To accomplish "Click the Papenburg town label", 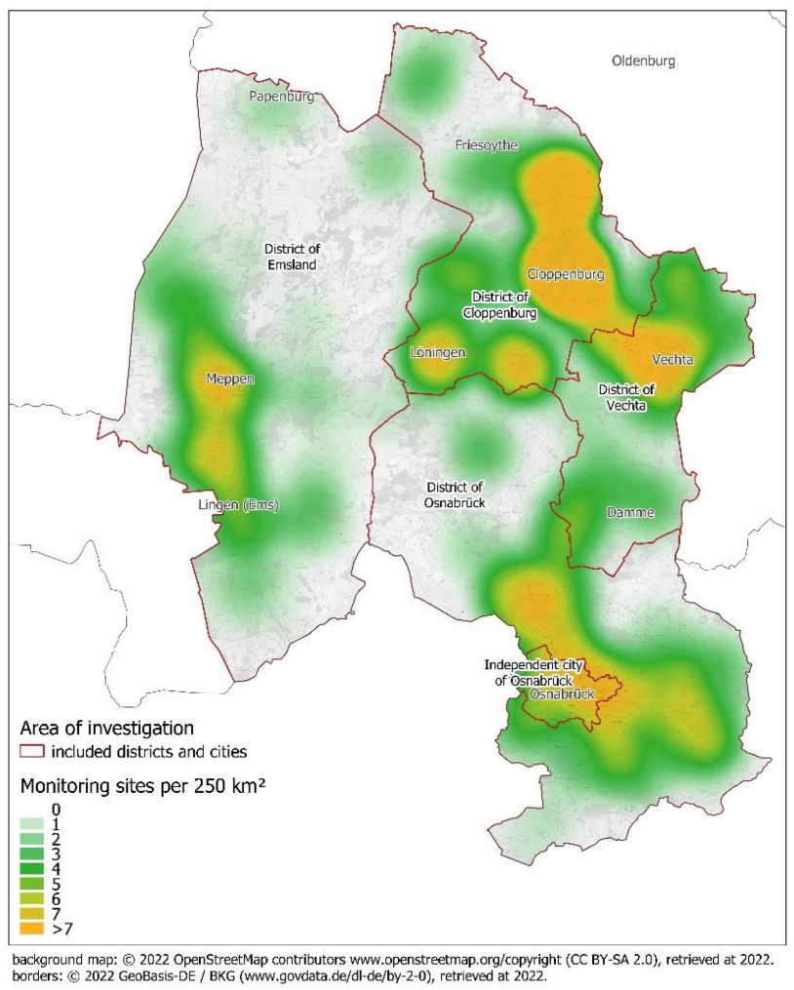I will (281, 97).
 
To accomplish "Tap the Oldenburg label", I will (643, 60).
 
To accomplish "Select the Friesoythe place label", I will (487, 145).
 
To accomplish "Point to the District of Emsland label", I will (294, 257).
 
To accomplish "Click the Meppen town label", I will (230, 378).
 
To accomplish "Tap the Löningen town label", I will (437, 352).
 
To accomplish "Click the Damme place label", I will (630, 512).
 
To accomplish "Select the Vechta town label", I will (673, 359).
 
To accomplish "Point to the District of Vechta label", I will (626, 397).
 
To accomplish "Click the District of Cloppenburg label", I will (499, 305).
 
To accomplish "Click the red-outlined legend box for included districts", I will (32, 752).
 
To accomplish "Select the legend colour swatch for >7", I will (32, 931).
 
